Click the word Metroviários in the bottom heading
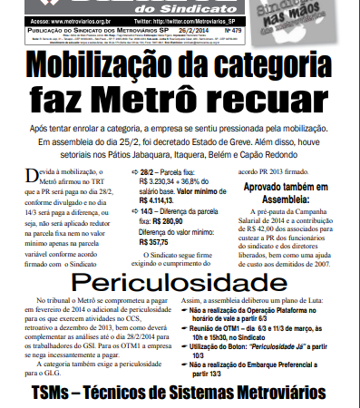284,395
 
